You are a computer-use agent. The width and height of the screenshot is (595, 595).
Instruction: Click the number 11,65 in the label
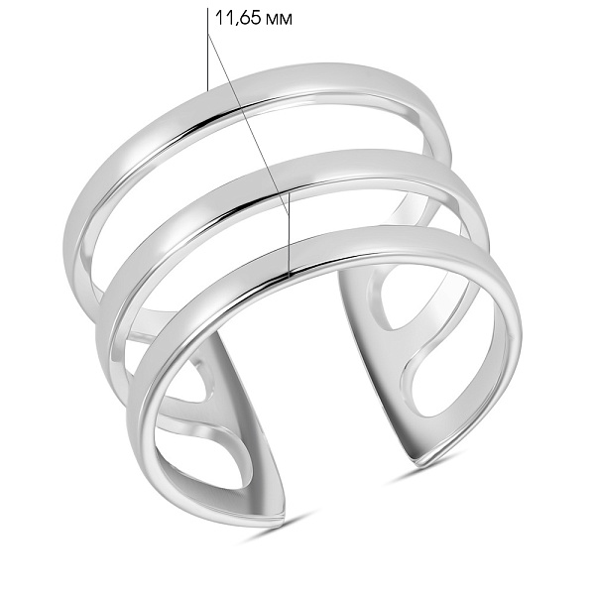(x=234, y=17)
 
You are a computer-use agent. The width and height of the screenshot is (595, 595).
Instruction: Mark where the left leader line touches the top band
(x=207, y=90)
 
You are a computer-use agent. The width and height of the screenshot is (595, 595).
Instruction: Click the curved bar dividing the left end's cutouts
(x=213, y=421)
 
